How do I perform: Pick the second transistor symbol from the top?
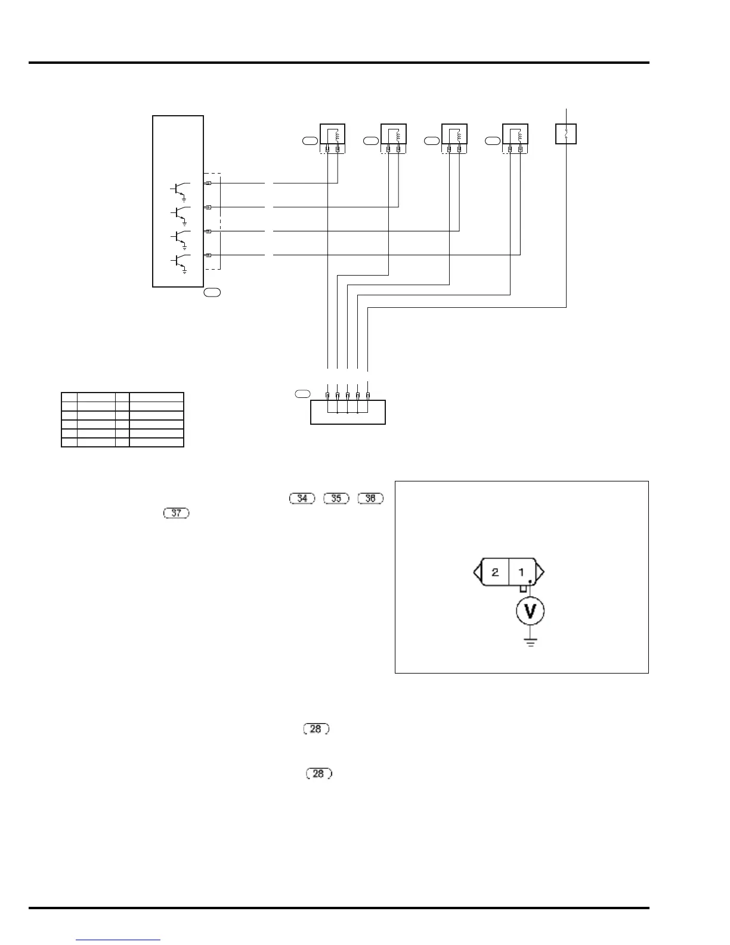click(180, 213)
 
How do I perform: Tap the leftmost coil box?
click(333, 134)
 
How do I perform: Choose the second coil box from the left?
click(394, 134)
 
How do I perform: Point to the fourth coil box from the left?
click(515, 134)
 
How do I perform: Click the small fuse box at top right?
click(565, 134)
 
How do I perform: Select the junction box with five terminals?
click(348, 412)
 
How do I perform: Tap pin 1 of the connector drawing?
click(521, 573)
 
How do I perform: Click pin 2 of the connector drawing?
click(495, 573)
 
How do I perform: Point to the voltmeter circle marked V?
click(530, 611)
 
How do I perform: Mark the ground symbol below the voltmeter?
click(530, 643)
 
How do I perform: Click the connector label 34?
click(302, 498)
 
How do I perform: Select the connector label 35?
click(336, 498)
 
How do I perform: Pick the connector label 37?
click(176, 512)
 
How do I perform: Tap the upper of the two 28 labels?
click(316, 729)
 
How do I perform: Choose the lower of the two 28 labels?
click(318, 774)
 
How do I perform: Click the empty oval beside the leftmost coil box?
click(310, 141)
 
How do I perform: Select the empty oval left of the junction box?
click(302, 394)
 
